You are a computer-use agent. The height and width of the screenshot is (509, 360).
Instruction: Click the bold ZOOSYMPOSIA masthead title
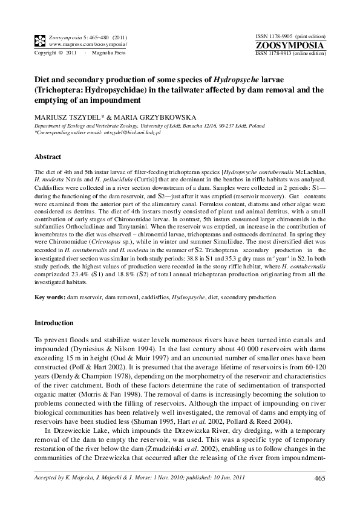(290, 46)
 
